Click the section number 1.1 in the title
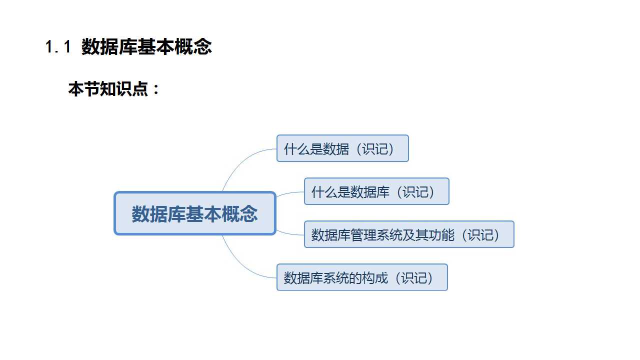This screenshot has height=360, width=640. pyautogui.click(x=58, y=47)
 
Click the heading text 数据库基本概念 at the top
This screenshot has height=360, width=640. pyautogui.click(x=146, y=47)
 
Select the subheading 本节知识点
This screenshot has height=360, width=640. pyautogui.click(x=108, y=89)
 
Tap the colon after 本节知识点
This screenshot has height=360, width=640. pyautogui.click(x=155, y=90)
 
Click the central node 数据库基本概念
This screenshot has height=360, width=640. pyautogui.click(x=195, y=213)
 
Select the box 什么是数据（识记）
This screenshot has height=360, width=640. pyautogui.click(x=342, y=148)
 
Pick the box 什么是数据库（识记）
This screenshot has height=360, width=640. pyautogui.click(x=376, y=191)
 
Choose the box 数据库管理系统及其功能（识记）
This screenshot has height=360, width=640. pyautogui.click(x=409, y=234)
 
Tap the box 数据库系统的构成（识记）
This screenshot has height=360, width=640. pyautogui.click(x=362, y=277)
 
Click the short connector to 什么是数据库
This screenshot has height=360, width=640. pyautogui.click(x=290, y=193)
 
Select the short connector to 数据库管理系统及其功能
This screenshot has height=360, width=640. pyautogui.click(x=290, y=232)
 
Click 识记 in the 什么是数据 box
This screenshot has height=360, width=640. pyautogui.click(x=374, y=149)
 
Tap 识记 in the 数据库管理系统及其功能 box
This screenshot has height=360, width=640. pyautogui.click(x=480, y=235)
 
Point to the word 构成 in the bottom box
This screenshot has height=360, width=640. pyautogui.click(x=374, y=278)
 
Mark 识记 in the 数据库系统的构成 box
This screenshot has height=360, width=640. pyautogui.click(x=413, y=278)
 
